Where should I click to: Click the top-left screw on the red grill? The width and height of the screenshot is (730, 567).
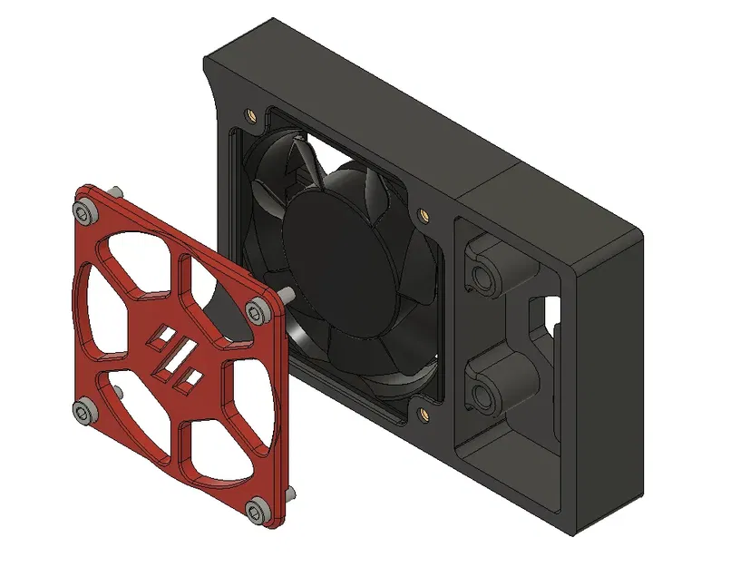tap(86, 211)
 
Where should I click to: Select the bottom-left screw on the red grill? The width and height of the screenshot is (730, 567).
tap(85, 414)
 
